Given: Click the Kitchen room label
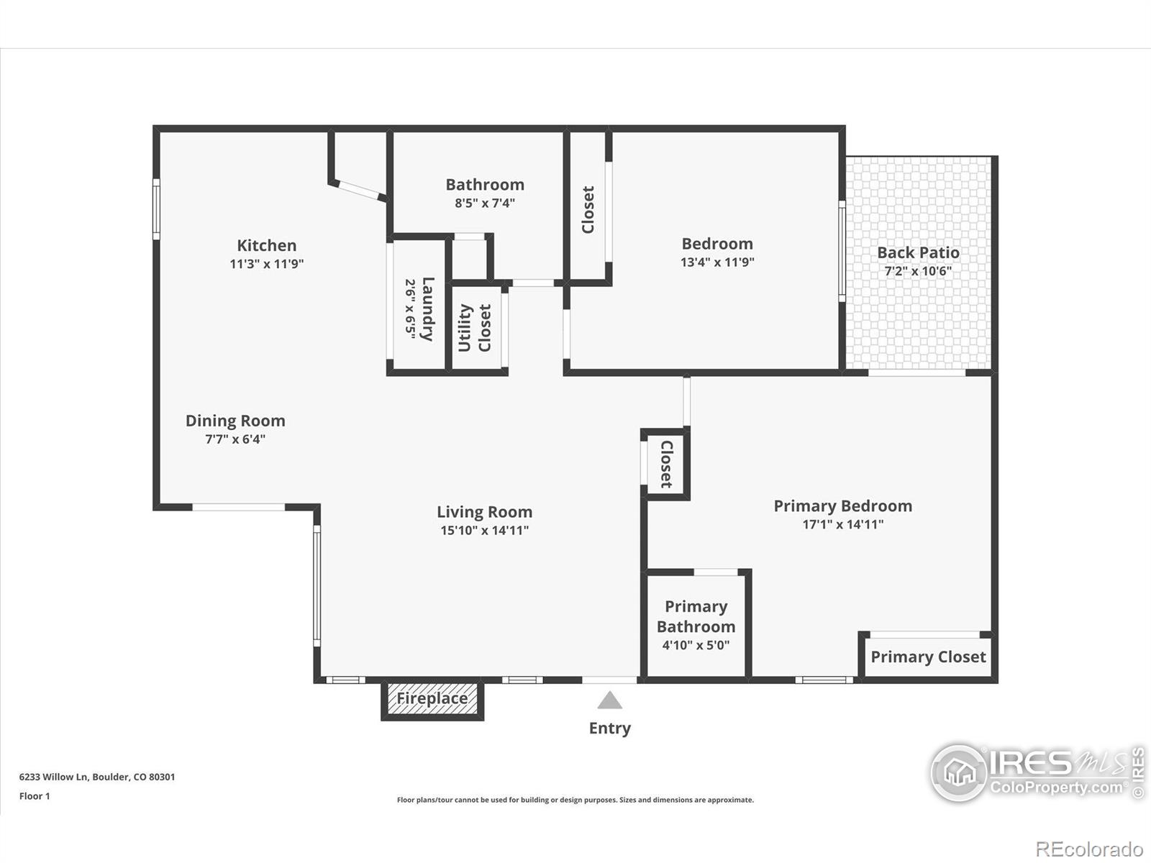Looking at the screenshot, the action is pos(266,245).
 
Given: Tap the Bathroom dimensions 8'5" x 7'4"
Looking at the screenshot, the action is pos(485,203).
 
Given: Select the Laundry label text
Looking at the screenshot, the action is pos(428,309).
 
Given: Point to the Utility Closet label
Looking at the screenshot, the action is pos(475,328).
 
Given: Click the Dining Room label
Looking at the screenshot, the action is pos(235,421).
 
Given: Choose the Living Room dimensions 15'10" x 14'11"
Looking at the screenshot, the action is pos(485,530).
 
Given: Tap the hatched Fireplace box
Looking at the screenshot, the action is pos(432,699).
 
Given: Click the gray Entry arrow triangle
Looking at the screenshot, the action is pos(609,700).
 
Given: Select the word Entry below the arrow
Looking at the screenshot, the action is pos(610,729).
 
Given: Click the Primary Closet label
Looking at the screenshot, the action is pos(928,657).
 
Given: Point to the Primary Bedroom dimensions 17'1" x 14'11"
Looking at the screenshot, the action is pos(843,524).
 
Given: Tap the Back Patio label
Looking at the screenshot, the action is pos(918,252).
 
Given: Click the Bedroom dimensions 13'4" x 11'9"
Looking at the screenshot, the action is pos(717,262).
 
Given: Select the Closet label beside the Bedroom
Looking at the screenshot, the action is pos(588,209).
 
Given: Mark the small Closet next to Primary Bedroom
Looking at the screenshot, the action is pos(666,465).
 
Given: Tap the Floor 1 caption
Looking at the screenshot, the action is pos(35,796).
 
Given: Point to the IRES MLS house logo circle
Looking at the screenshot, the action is pos(960,773).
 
